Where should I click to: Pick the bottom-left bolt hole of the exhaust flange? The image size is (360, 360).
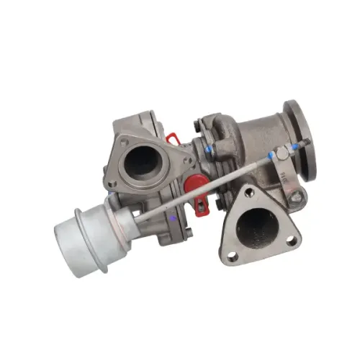click(x=232, y=254)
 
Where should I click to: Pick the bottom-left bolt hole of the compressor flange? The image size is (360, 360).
click(x=112, y=184)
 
